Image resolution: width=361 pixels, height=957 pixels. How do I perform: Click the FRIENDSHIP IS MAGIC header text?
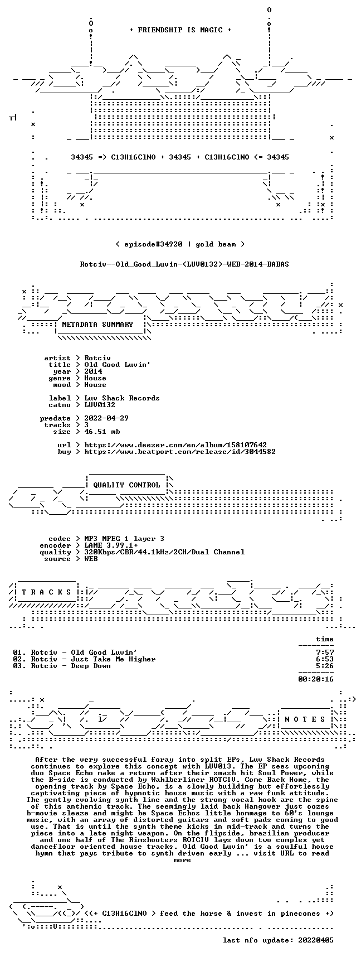click(x=180, y=30)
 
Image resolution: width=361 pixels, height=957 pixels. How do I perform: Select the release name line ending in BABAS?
click(x=184, y=264)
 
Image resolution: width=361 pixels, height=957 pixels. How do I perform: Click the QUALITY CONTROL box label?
click(x=126, y=485)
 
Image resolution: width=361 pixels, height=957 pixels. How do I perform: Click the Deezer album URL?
click(x=175, y=445)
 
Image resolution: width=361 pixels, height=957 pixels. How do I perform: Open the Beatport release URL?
click(x=180, y=452)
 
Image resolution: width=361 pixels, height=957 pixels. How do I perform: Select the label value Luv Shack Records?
click(x=122, y=398)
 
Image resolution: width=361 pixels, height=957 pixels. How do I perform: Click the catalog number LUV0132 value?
click(x=100, y=405)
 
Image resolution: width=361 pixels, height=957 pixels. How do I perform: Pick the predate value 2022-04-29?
click(x=106, y=418)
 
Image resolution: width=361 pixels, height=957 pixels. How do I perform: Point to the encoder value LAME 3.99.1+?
click(x=111, y=545)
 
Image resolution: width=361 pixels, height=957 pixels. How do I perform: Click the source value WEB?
click(x=91, y=559)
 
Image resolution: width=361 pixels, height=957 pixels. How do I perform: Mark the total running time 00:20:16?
click(x=316, y=679)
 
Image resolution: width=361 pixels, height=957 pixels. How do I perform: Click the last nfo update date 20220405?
click(x=316, y=940)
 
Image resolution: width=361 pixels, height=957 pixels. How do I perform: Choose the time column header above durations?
click(x=325, y=639)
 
